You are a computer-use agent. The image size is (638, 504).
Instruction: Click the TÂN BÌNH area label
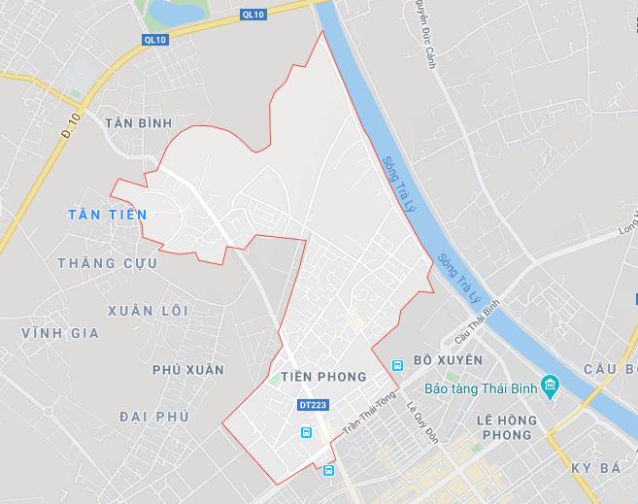136,122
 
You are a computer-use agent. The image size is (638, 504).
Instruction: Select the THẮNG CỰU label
100,263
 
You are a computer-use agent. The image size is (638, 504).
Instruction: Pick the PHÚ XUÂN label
187,370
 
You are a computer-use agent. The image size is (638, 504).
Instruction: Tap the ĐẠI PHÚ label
154,416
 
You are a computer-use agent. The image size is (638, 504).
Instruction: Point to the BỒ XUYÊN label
447,360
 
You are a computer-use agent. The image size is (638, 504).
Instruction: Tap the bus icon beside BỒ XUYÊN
396,365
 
